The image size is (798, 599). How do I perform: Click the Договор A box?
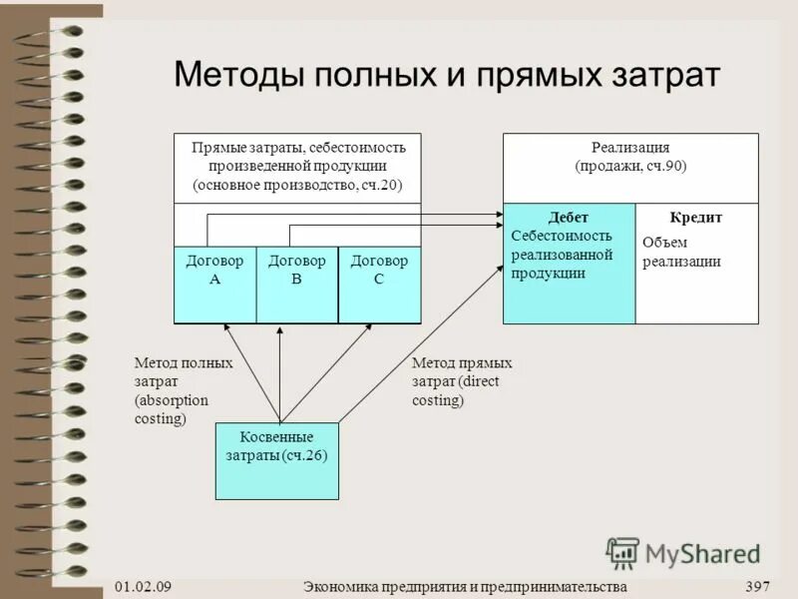(x=214, y=285)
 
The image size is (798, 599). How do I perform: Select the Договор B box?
(x=297, y=285)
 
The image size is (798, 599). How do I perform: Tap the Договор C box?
(x=379, y=285)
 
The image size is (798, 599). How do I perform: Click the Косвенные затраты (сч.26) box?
(x=277, y=460)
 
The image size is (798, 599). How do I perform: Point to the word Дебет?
(x=569, y=217)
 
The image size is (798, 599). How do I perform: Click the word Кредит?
(x=696, y=217)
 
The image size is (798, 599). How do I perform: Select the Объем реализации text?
(x=681, y=252)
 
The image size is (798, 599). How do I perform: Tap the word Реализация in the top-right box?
(x=630, y=148)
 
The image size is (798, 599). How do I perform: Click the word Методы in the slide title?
(x=239, y=76)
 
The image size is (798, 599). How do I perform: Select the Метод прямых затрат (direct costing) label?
(x=461, y=381)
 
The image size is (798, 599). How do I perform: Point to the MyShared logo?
(x=683, y=552)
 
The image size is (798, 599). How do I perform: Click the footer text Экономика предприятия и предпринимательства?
(x=465, y=585)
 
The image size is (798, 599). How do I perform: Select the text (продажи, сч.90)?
(x=630, y=167)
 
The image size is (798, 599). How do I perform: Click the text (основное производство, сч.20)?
(x=297, y=186)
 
